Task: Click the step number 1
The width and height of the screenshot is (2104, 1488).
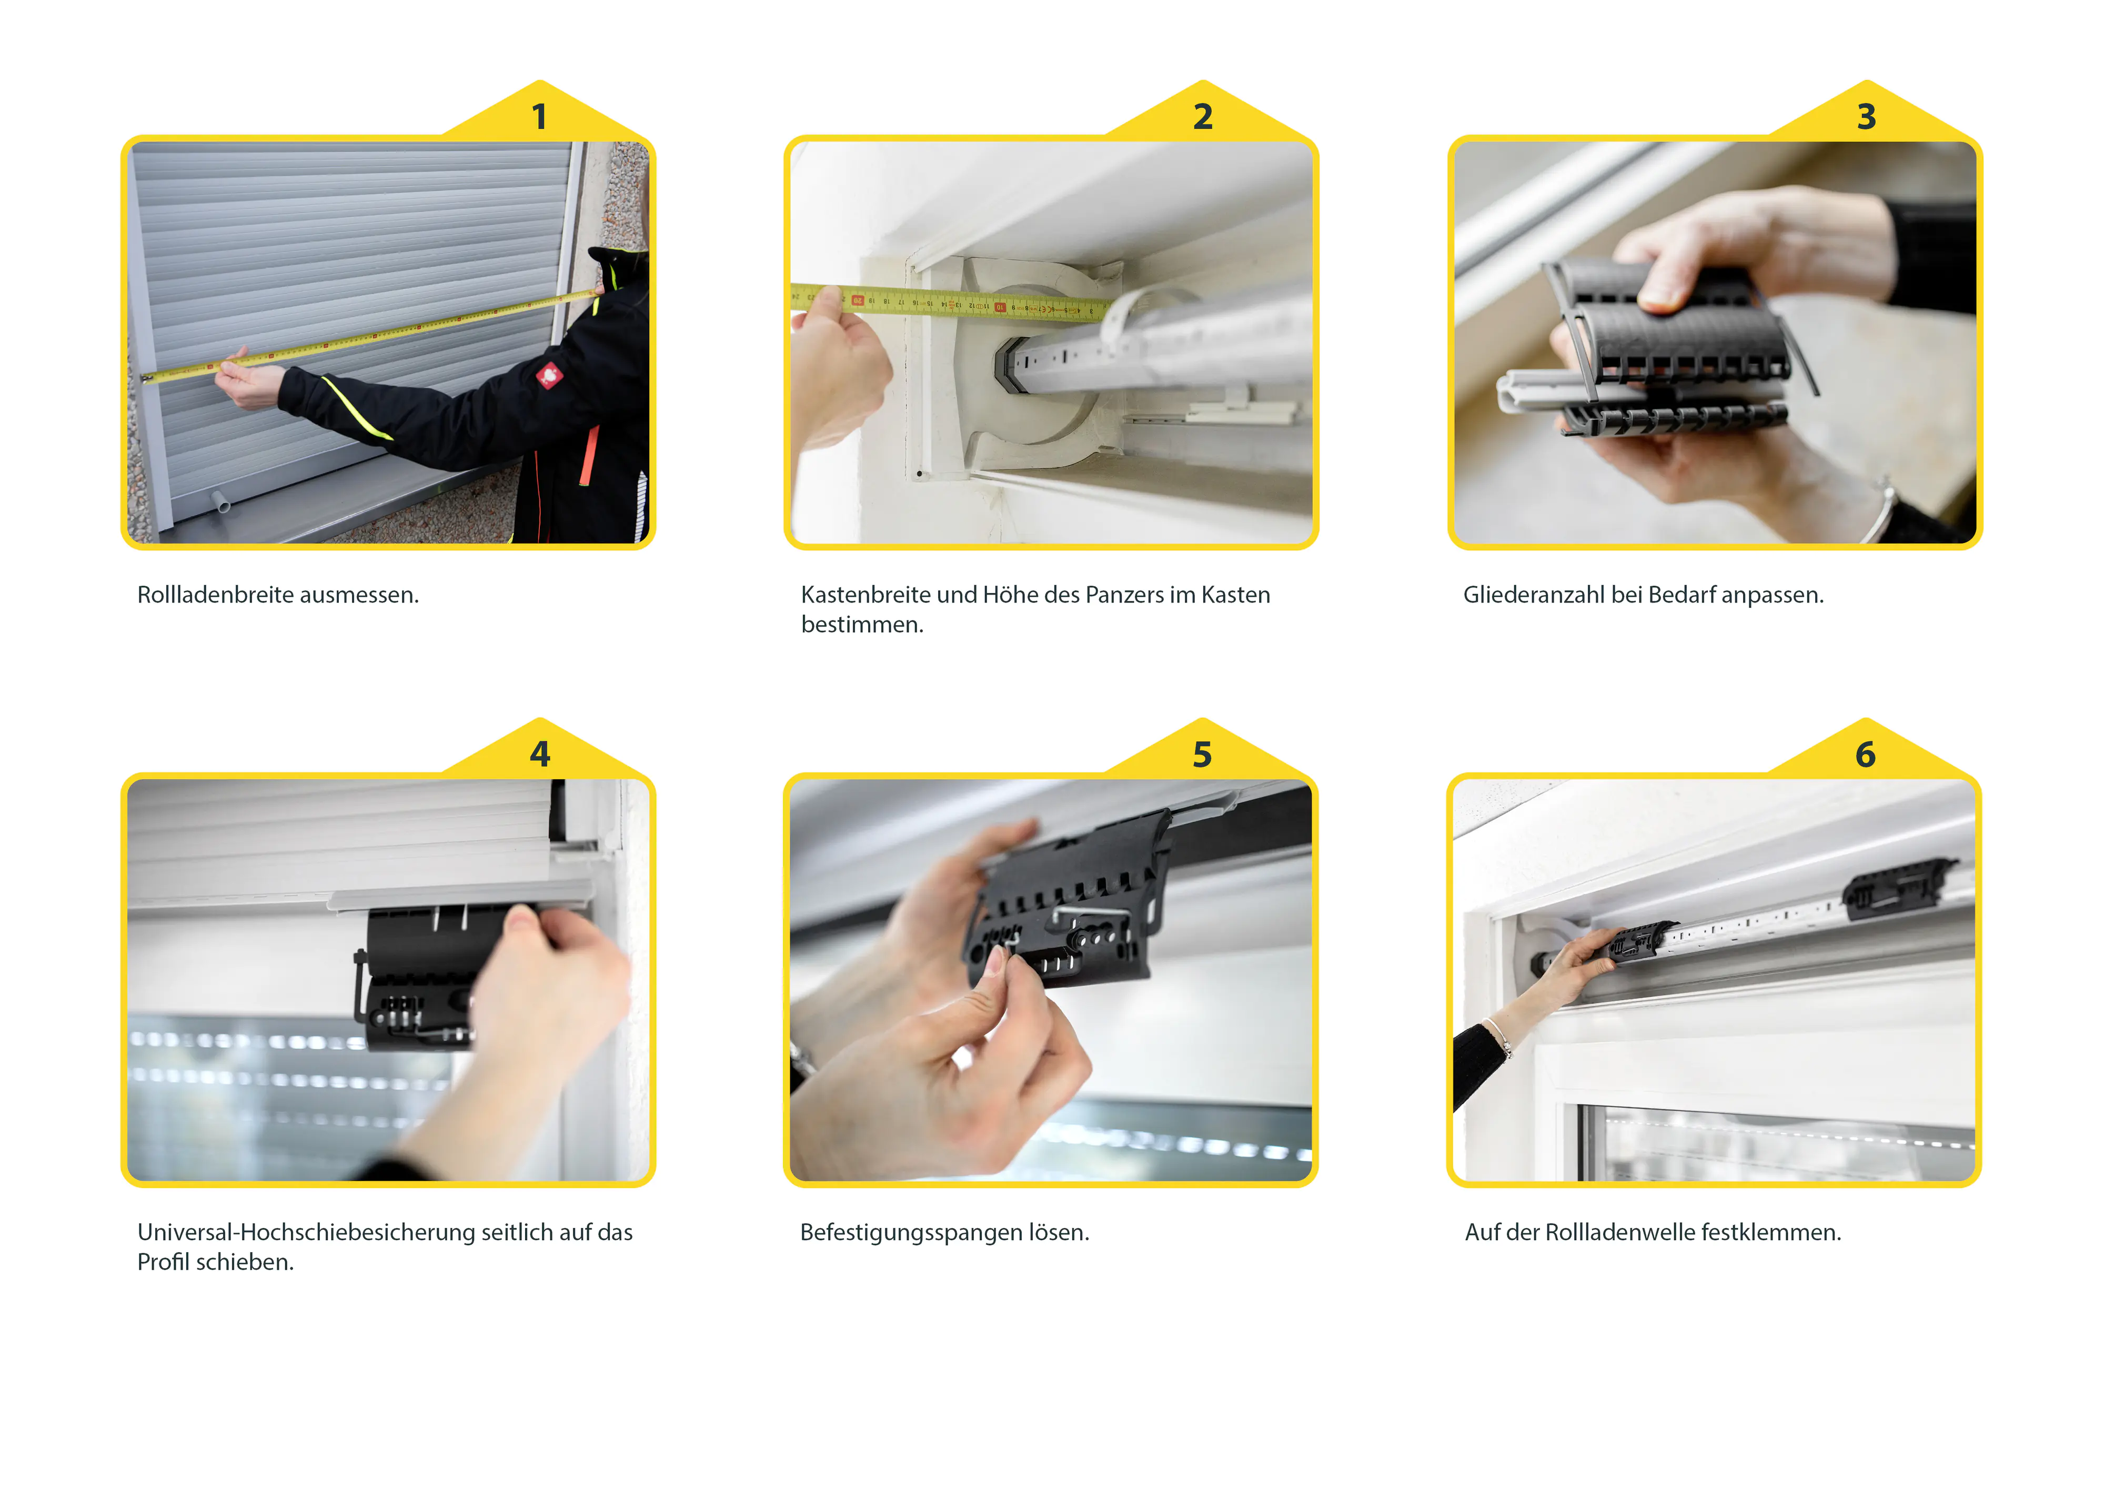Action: coord(540,116)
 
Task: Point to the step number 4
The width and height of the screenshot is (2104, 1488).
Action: coord(540,754)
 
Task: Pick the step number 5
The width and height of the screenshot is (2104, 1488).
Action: coord(1202,754)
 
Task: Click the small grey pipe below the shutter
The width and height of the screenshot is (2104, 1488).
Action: coord(221,502)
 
